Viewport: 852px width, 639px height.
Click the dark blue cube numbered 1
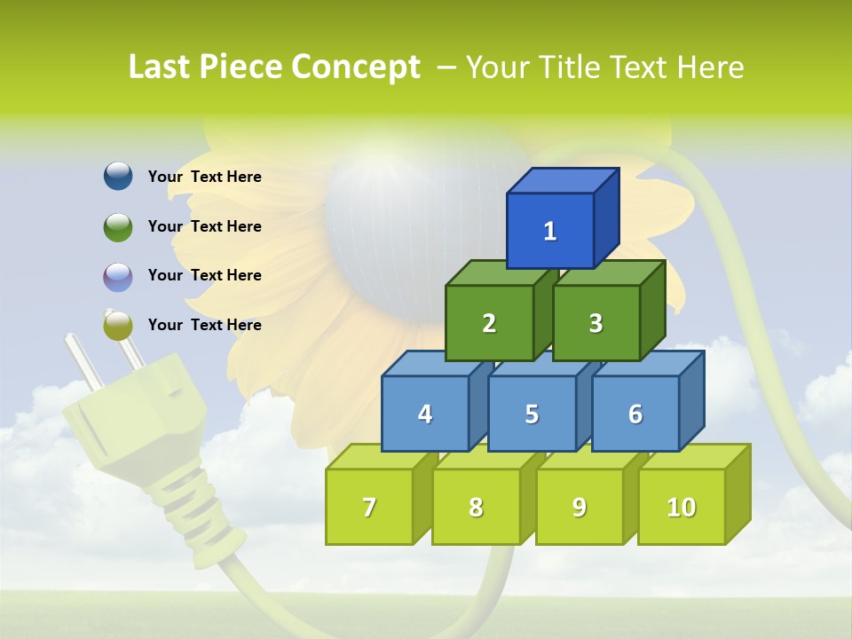[x=550, y=231]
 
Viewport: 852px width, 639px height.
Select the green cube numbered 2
[x=489, y=323]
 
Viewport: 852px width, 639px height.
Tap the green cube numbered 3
[x=596, y=323]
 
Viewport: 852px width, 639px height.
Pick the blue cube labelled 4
[x=425, y=414]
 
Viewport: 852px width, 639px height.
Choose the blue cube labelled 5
[x=532, y=414]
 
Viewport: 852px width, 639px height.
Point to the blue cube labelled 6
[x=635, y=414]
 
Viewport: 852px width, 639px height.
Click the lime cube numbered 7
[x=369, y=507]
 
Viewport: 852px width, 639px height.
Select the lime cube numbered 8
[x=476, y=507]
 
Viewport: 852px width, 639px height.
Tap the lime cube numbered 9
[x=579, y=507]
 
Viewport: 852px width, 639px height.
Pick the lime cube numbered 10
[x=681, y=507]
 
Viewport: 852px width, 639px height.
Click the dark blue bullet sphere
[x=118, y=177]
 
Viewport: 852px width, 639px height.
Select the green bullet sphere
[x=118, y=226]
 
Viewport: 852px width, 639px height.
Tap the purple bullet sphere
[x=118, y=276]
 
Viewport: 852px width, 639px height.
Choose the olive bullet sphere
[x=118, y=326]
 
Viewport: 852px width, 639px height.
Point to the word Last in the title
[x=162, y=67]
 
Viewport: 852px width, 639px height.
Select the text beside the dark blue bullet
[x=205, y=177]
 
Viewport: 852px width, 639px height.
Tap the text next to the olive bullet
[x=205, y=325]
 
